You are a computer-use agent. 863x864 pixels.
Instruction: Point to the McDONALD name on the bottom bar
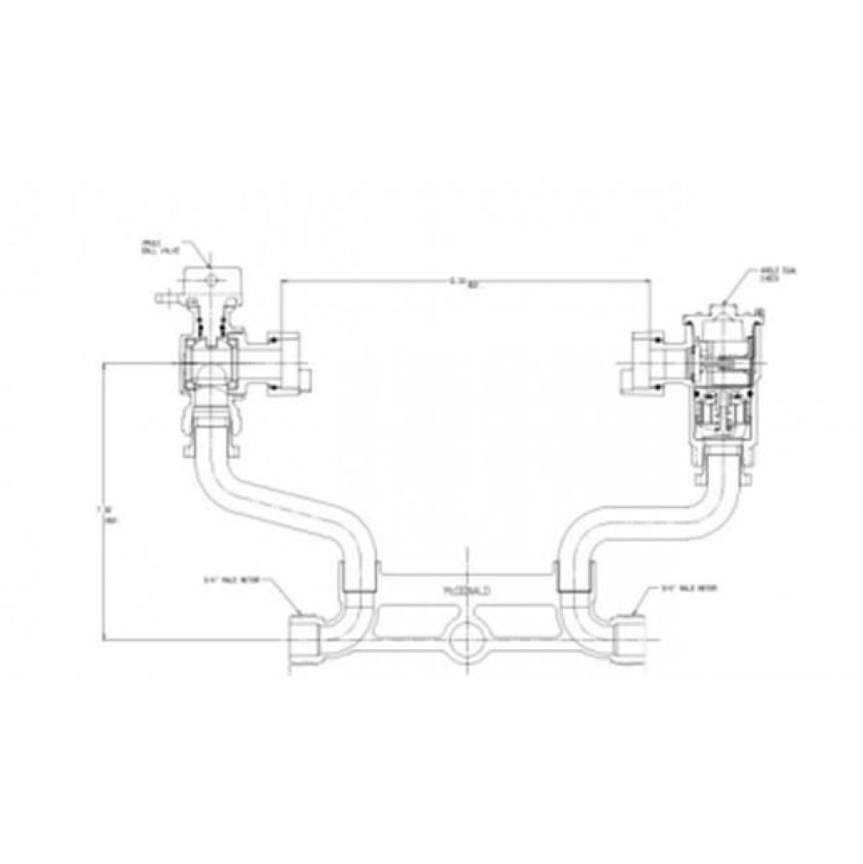466,588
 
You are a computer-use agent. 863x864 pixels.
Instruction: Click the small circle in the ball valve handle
211,279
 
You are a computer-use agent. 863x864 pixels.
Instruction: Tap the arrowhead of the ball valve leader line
210,264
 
